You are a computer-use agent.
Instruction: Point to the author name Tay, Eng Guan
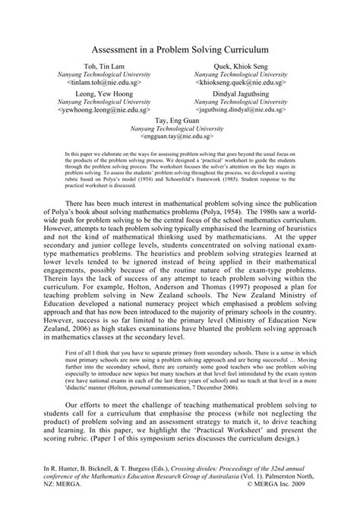179,119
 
